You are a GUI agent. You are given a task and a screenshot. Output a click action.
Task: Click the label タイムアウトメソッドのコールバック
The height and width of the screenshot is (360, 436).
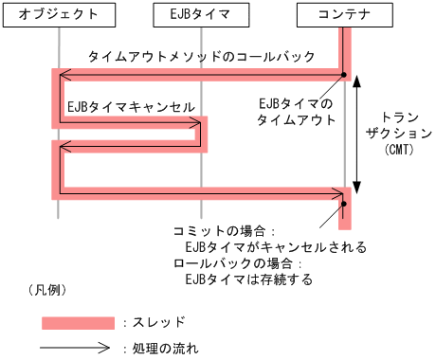pyautogui.click(x=201, y=56)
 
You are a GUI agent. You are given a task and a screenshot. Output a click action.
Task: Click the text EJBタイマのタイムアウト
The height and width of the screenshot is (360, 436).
pyautogui.click(x=297, y=112)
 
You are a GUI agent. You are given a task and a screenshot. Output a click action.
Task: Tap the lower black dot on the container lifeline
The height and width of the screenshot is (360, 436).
pyautogui.click(x=345, y=203)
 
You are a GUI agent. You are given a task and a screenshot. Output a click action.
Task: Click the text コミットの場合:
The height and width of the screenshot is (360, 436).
pyautogui.click(x=225, y=230)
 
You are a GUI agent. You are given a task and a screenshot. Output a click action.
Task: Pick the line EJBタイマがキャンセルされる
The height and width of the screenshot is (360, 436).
pyautogui.click(x=276, y=246)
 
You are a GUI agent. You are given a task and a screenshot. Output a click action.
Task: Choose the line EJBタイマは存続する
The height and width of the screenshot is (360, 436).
pyautogui.click(x=249, y=279)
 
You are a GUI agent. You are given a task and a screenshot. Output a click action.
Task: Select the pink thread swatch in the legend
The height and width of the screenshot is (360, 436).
pyautogui.click(x=78, y=323)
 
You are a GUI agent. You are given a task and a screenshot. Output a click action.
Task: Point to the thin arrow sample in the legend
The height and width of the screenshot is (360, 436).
pyautogui.click(x=78, y=349)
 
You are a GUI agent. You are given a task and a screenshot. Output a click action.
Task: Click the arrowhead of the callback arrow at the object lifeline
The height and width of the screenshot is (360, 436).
pyautogui.click(x=63, y=74)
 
